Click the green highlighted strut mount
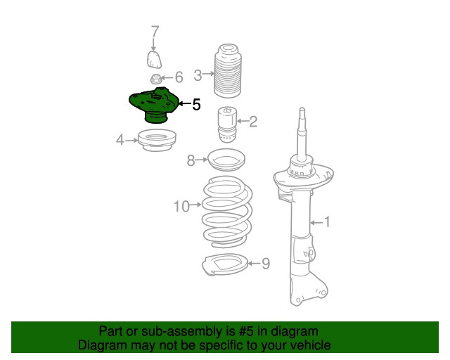tap(153, 105)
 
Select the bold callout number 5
tap(196, 105)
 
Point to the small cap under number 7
tap(154, 60)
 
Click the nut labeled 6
tap(155, 79)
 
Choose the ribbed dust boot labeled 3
tap(228, 71)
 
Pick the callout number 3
tap(198, 75)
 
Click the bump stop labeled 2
tap(227, 124)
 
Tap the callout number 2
tap(253, 122)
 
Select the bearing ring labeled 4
tap(157, 141)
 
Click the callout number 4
tap(120, 140)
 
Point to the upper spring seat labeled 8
tap(226, 160)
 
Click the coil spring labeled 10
tap(227, 212)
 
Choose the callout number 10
tap(181, 207)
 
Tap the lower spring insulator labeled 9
tap(225, 264)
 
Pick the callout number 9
tap(266, 264)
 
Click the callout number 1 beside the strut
tap(327, 222)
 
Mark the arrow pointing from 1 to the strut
tap(316, 222)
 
